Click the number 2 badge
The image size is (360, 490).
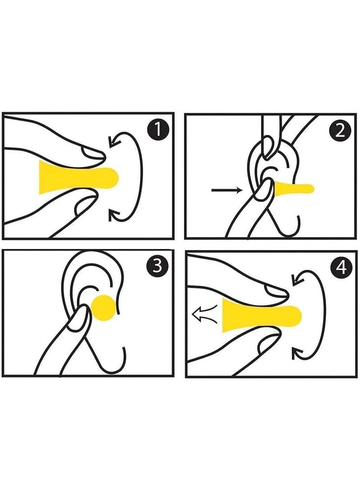tap(339, 131)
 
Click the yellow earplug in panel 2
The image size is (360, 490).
tap(292, 187)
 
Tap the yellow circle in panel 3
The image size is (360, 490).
tap(104, 308)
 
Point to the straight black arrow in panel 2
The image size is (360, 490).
tap(227, 191)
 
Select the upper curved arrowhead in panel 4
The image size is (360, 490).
tap(296, 280)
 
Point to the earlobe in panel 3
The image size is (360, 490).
tap(119, 355)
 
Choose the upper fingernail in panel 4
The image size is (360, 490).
tap(274, 293)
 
